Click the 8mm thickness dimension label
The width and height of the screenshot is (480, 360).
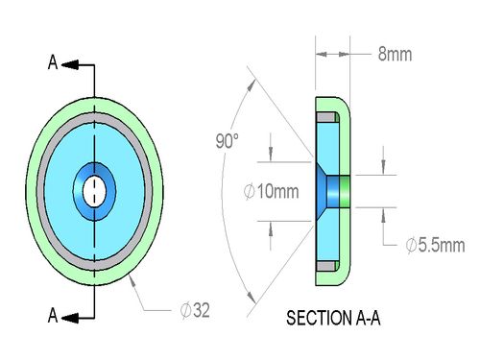tap(395, 54)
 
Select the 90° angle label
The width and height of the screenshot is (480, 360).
tap(227, 141)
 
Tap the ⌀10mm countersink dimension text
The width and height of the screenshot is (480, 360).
tap(271, 192)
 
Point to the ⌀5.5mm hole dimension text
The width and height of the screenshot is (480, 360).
tap(435, 246)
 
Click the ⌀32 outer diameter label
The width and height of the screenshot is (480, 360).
tap(195, 310)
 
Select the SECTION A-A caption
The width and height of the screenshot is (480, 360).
tap(333, 318)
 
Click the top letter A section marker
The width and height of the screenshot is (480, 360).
tap(53, 62)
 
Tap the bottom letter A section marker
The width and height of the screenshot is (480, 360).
tap(53, 315)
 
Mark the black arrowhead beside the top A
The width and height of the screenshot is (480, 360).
tap(70, 64)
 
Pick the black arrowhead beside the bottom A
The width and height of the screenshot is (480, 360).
tap(70, 318)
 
